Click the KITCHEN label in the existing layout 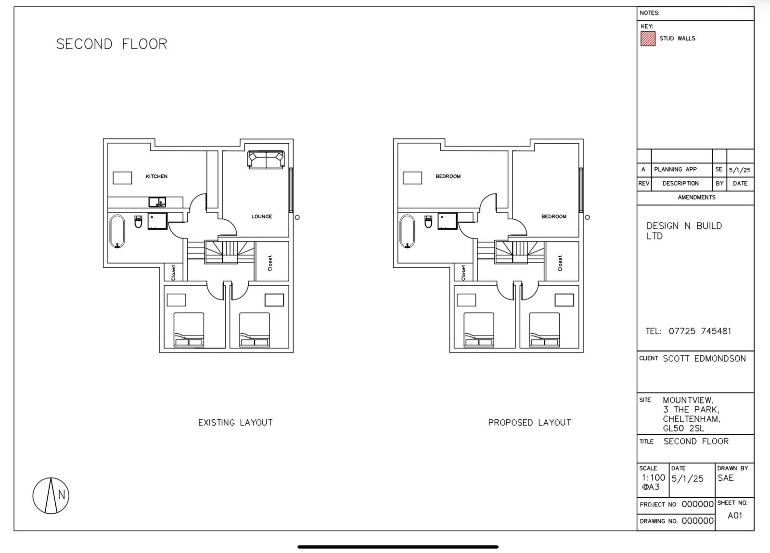156,176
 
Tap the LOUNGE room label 262,216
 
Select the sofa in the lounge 266,159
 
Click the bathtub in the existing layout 117,231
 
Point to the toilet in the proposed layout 428,222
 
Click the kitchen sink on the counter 157,202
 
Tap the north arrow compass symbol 51,495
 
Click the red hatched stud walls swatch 648,39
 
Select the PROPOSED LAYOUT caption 529,423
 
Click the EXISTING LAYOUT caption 235,423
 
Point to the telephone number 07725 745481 700,331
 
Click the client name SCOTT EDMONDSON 705,359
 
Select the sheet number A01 735,515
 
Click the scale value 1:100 654,478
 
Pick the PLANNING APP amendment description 675,169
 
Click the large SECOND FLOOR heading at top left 112,44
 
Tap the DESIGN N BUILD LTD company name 684,231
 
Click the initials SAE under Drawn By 725,478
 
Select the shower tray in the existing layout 158,221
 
